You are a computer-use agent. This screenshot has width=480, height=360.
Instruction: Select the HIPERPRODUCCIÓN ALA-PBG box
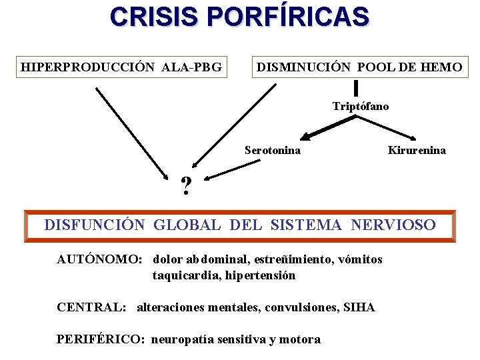pyautogui.click(x=122, y=67)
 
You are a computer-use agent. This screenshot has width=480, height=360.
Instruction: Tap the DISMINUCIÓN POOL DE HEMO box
pyautogui.click(x=359, y=67)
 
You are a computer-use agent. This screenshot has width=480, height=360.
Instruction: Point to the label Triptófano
pyautogui.click(x=361, y=107)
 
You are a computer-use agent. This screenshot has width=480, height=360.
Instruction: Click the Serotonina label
pyautogui.click(x=273, y=151)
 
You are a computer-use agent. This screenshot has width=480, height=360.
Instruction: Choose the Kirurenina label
pyautogui.click(x=417, y=151)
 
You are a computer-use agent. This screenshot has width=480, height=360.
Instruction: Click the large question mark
pyautogui.click(x=187, y=187)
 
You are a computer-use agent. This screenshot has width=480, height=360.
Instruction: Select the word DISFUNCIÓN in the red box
pyautogui.click(x=94, y=225)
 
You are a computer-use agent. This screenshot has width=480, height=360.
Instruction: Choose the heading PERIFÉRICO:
pyautogui.click(x=100, y=339)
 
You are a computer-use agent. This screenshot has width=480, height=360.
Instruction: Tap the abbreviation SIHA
pyautogui.click(x=359, y=307)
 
